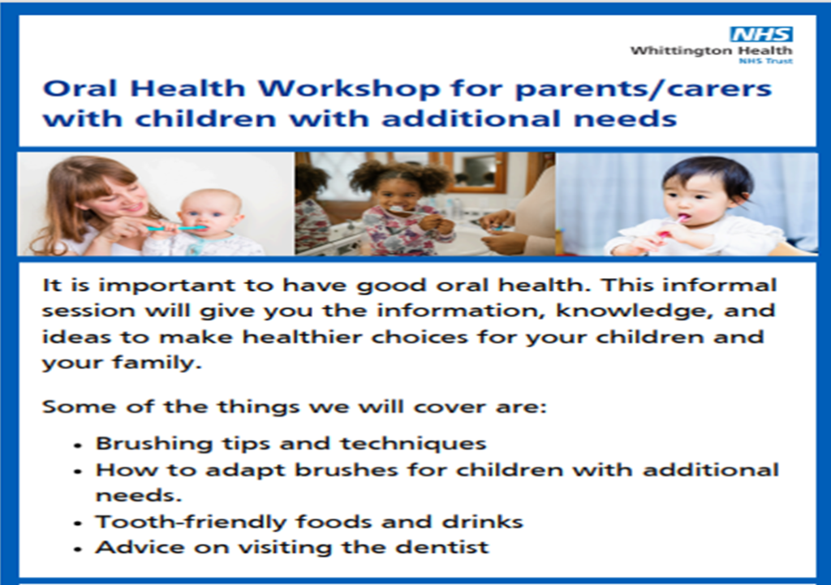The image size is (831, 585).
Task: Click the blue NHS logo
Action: click(x=761, y=34)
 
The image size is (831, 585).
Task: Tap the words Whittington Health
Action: click(x=711, y=51)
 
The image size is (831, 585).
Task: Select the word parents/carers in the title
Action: click(x=644, y=89)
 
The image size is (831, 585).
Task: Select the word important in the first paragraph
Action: click(x=166, y=286)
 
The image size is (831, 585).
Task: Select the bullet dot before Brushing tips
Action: click(x=79, y=446)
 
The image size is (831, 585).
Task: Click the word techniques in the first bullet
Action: click(x=413, y=444)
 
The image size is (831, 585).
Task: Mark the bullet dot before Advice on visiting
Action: click(x=79, y=550)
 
